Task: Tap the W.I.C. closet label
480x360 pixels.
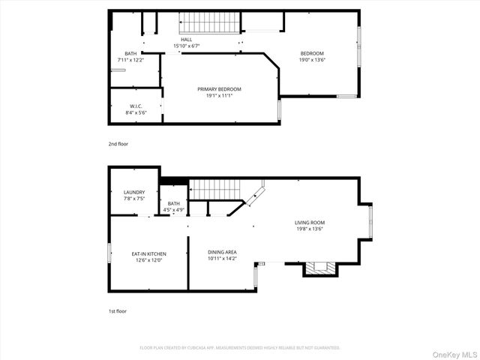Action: pyautogui.click(x=136, y=107)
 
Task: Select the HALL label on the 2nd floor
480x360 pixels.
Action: pyautogui.click(x=186, y=40)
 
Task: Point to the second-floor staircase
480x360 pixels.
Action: pyautogui.click(x=209, y=23)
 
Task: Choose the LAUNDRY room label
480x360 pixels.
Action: pyautogui.click(x=134, y=193)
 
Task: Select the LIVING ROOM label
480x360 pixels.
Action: pyautogui.click(x=310, y=223)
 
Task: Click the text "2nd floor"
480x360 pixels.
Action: pyautogui.click(x=118, y=143)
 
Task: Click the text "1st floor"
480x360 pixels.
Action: pyautogui.click(x=118, y=310)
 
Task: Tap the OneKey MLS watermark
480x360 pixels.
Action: pyautogui.click(x=451, y=352)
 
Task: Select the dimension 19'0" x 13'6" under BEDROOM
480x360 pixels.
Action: pyautogui.click(x=312, y=59)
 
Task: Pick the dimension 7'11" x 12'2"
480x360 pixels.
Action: pyautogui.click(x=130, y=59)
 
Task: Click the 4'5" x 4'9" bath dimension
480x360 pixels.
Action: pyautogui.click(x=173, y=210)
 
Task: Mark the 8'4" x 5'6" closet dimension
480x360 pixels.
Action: pyautogui.click(x=136, y=113)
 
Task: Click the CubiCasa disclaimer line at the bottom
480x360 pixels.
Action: pyautogui.click(x=240, y=348)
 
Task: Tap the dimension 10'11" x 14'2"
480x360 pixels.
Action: pyautogui.click(x=222, y=260)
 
